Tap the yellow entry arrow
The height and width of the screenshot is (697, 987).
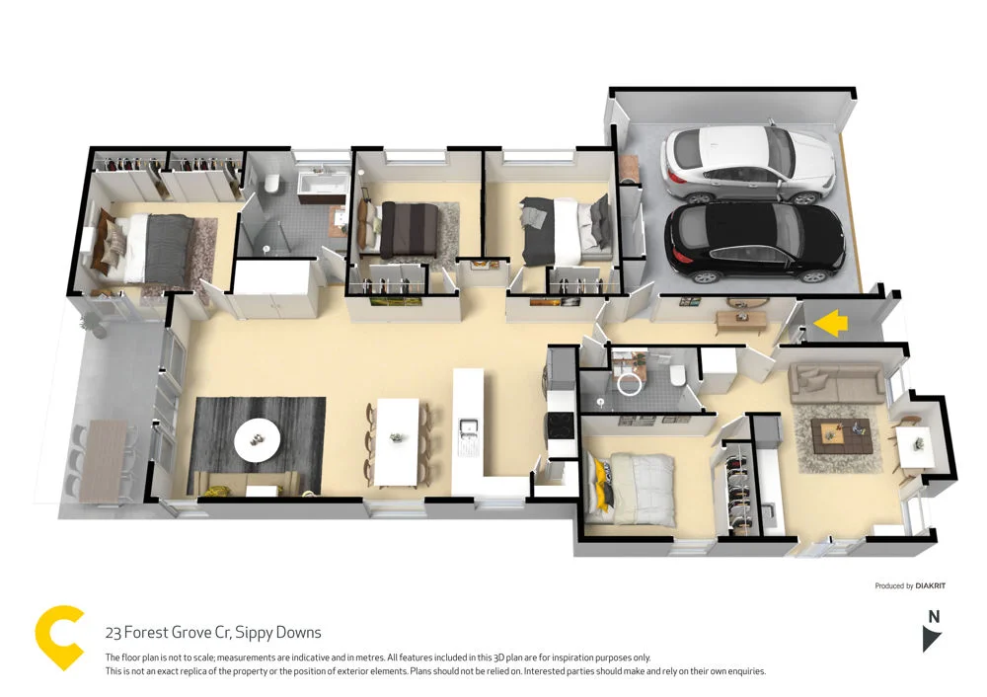(833, 322)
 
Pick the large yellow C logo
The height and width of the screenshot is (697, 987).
(58, 639)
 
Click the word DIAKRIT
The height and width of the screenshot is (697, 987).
(930, 585)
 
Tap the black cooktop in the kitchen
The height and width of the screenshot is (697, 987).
(561, 425)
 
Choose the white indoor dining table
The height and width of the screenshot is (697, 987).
(398, 439)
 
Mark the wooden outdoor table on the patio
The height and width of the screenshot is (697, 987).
(103, 460)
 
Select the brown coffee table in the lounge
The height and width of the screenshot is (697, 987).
(841, 431)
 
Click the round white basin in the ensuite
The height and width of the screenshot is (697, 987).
(628, 386)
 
